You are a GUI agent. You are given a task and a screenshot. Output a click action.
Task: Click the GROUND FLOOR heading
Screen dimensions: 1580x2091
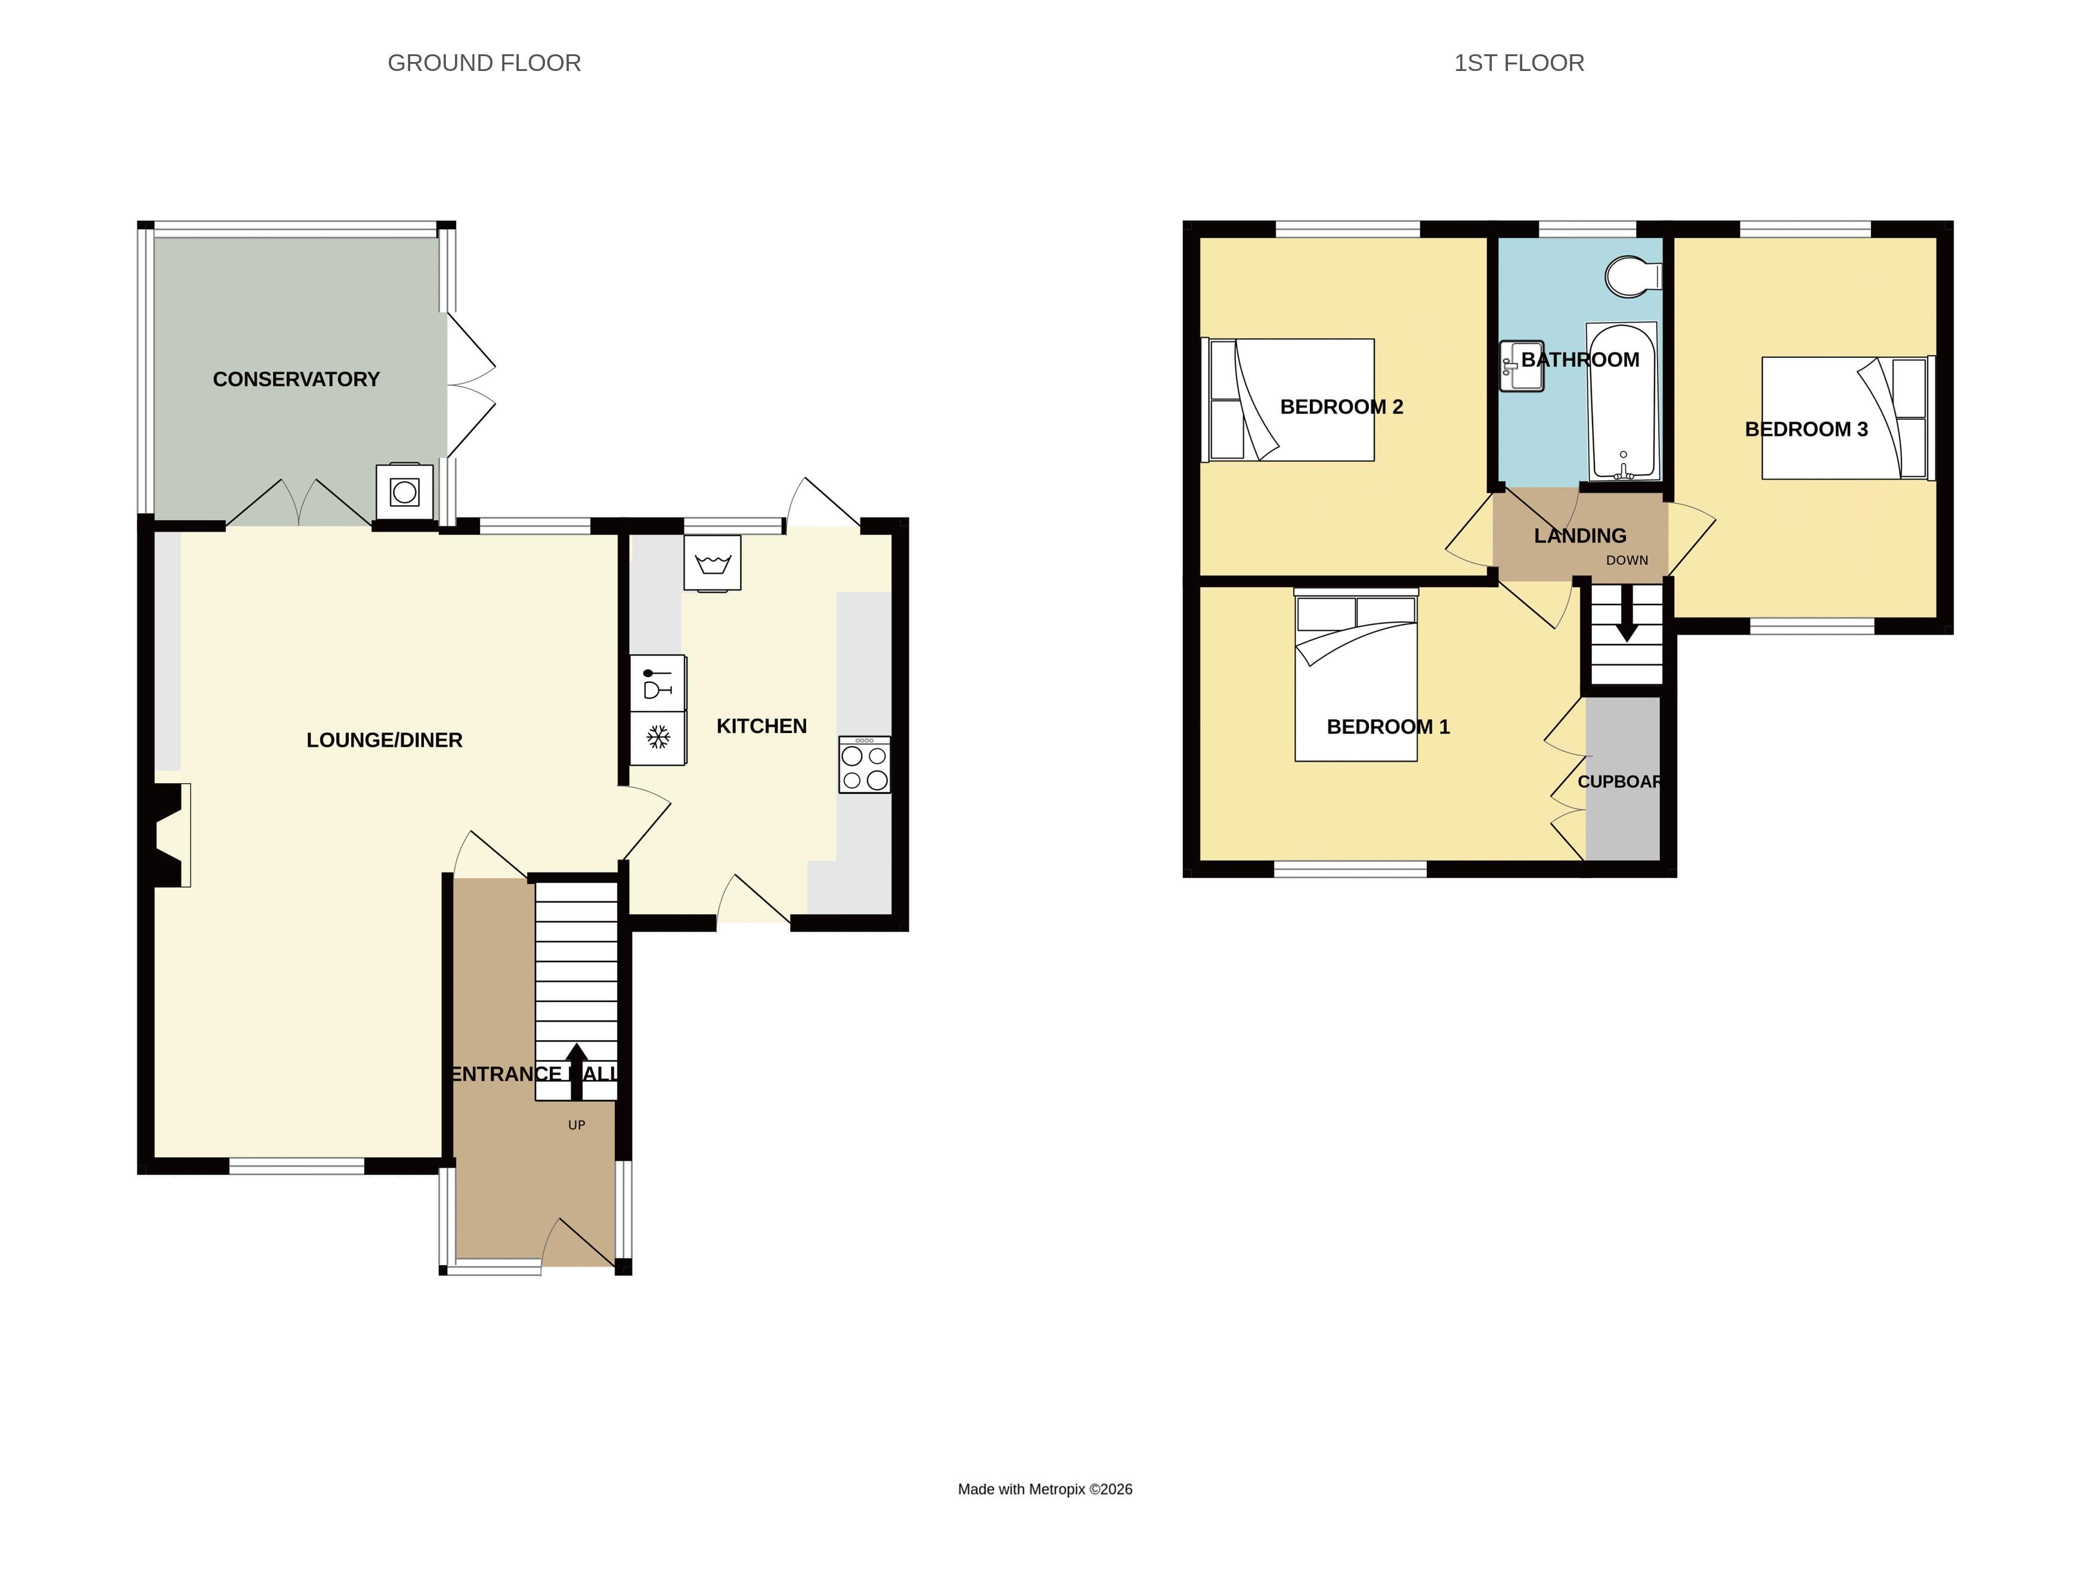coord(484,63)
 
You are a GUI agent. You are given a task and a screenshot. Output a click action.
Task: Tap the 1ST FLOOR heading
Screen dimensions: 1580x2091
coord(1518,63)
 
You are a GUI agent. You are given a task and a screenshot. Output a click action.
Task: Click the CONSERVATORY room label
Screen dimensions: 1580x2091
coord(296,379)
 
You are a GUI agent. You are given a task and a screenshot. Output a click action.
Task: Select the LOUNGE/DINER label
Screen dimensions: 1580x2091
coord(384,740)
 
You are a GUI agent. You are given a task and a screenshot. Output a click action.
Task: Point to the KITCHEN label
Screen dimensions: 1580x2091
coord(761,726)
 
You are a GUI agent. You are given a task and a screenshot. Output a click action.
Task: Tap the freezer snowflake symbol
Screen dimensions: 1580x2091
coord(658,737)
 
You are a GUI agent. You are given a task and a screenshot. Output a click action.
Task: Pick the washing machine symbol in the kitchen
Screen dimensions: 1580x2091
coord(712,564)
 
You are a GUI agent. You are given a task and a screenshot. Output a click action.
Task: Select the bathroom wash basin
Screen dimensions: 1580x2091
coord(1521,367)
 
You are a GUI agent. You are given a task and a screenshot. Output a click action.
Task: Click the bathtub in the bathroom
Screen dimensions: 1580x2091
coord(1622,402)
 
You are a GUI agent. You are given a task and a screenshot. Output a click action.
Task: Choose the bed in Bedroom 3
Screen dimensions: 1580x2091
coord(1844,418)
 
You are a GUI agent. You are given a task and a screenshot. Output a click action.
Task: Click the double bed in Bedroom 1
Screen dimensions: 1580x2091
coord(1356,675)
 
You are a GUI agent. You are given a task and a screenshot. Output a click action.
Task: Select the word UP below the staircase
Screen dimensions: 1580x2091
coord(577,1125)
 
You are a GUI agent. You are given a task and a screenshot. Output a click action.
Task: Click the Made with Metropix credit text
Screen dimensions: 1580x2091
coord(1045,1489)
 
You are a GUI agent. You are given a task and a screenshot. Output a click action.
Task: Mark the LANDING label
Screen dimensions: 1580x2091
coord(1579,536)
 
